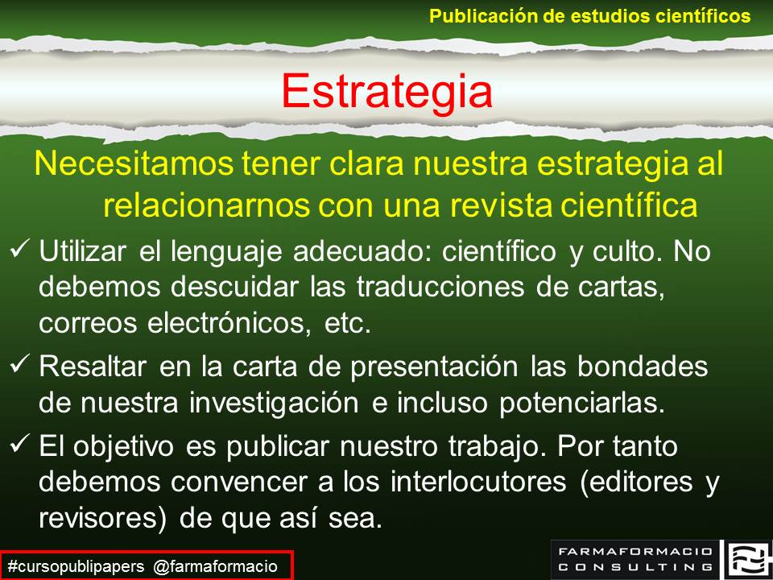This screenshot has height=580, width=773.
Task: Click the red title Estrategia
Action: click(386, 91)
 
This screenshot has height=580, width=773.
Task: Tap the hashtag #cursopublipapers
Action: click(76, 566)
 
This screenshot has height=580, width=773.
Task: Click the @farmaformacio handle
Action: click(215, 566)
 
